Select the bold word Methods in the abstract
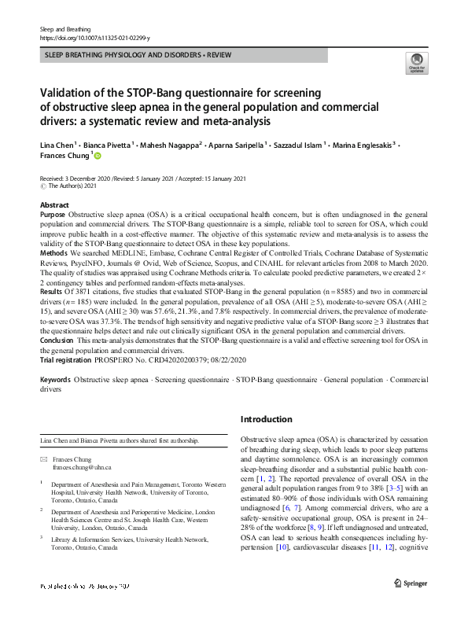pos(53,253)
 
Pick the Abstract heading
pos(54,204)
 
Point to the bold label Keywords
pos(57,380)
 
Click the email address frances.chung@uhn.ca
pos(83,467)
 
